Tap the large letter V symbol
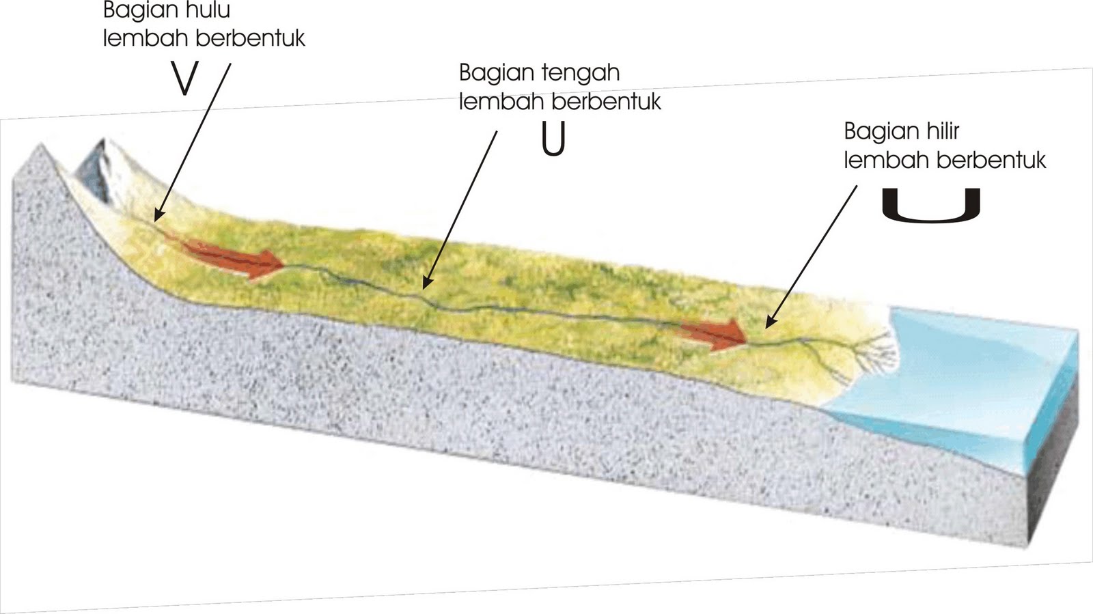point(184,80)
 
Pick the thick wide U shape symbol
point(931,204)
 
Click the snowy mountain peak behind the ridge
point(99,167)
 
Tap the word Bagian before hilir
point(876,130)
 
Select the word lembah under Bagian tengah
point(501,102)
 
